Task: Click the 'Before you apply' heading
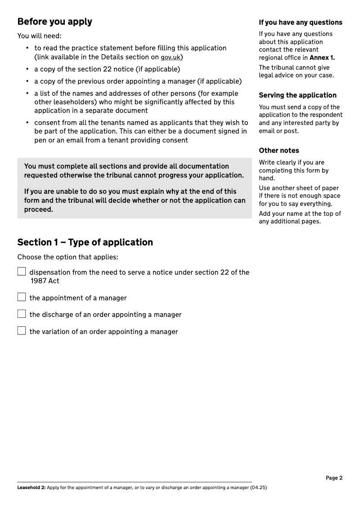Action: pyautogui.click(x=54, y=22)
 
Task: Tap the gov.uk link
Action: pyautogui.click(x=171, y=57)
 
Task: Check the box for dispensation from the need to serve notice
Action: pyautogui.click(x=22, y=272)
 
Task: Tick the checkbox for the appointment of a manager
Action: pyautogui.click(x=22, y=297)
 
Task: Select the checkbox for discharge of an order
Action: pyautogui.click(x=22, y=314)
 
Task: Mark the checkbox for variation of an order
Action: pyautogui.click(x=22, y=331)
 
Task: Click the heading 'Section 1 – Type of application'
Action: pyautogui.click(x=85, y=242)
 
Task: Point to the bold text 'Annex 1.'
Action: pyautogui.click(x=322, y=58)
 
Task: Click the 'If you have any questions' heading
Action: pyautogui.click(x=300, y=22)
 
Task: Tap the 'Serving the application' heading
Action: pyautogui.click(x=297, y=95)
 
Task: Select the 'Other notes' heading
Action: pyautogui.click(x=279, y=151)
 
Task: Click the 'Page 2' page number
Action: pyautogui.click(x=334, y=478)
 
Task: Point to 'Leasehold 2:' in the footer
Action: pyautogui.click(x=31, y=487)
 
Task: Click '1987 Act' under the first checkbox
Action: pyautogui.click(x=45, y=281)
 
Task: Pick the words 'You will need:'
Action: pyautogui.click(x=39, y=36)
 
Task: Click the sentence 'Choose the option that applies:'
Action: pyautogui.click(x=67, y=258)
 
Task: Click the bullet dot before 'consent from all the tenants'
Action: pyautogui.click(x=27, y=123)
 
